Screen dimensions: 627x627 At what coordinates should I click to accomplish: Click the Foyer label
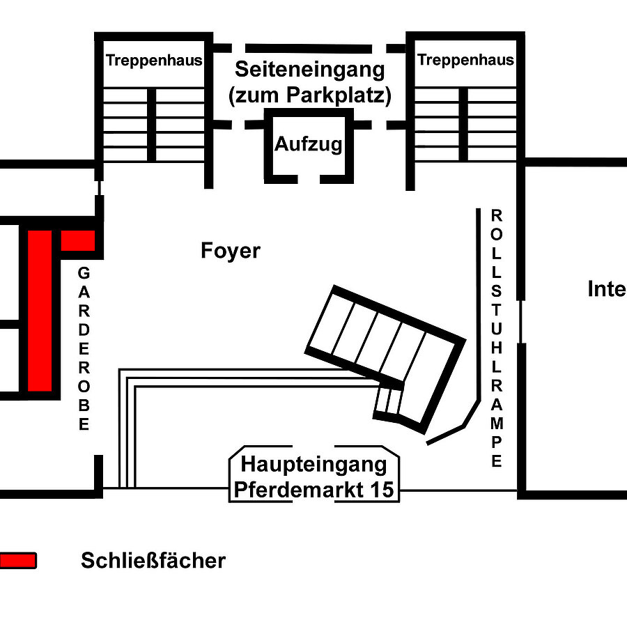coord(231,250)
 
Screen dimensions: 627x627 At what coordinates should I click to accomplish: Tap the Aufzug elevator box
coord(308,145)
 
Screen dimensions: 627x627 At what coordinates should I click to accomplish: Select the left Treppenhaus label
coord(154,61)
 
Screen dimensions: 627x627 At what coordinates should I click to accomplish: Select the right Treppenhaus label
coord(465,60)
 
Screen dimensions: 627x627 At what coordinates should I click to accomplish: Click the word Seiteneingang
coord(309,70)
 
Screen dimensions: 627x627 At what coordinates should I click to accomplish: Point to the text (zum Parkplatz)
coord(309,95)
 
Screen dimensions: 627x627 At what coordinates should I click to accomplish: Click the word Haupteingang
coord(313,463)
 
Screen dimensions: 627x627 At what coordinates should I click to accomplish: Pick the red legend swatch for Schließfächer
coord(17,560)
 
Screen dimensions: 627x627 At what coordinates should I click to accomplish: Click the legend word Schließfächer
coord(153,561)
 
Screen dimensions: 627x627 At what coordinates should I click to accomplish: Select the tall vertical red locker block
coord(40,311)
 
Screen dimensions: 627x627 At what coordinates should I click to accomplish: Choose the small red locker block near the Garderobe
coord(77,240)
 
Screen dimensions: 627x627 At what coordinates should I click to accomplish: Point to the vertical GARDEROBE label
coord(84,348)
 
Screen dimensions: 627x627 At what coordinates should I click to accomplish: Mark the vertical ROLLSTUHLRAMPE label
coord(496,338)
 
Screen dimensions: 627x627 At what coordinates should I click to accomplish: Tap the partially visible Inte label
coord(606,289)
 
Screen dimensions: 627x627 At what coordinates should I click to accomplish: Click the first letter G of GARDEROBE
coord(84,272)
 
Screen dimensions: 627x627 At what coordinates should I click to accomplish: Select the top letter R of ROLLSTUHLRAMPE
coord(496,215)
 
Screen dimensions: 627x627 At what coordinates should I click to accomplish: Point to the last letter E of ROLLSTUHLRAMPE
coord(496,461)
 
